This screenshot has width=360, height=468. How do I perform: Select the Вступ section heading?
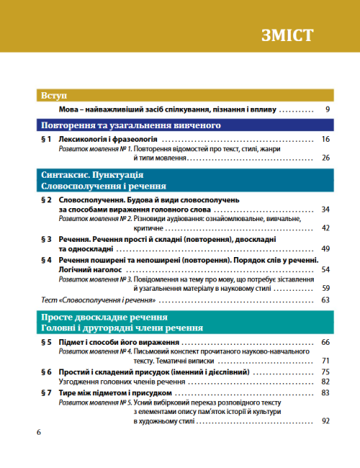[x=54, y=95]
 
